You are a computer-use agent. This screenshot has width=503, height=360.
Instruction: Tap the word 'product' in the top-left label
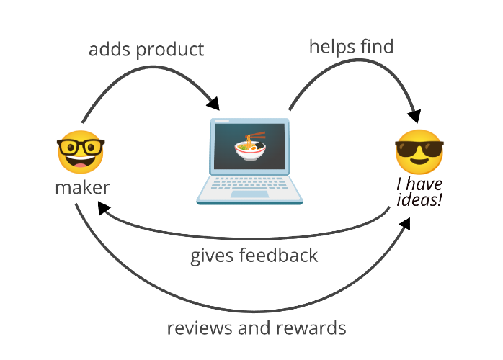click(x=170, y=50)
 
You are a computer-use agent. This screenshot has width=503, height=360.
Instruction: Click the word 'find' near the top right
click(x=377, y=46)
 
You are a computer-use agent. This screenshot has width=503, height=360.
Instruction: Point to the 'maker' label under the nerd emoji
click(x=82, y=187)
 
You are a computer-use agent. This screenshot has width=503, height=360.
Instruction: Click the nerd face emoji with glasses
click(x=81, y=152)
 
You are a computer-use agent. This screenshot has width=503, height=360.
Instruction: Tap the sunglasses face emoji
click(x=419, y=152)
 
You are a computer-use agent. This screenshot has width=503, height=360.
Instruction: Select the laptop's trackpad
click(x=249, y=194)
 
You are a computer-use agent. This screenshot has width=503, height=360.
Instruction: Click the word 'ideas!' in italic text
click(x=419, y=199)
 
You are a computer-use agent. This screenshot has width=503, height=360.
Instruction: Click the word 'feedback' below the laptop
click(x=278, y=255)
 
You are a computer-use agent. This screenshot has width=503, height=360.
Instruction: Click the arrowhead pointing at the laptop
click(x=214, y=103)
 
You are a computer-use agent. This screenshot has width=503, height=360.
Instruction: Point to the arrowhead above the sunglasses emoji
click(x=414, y=116)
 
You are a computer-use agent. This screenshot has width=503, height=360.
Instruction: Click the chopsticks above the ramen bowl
click(x=255, y=135)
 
